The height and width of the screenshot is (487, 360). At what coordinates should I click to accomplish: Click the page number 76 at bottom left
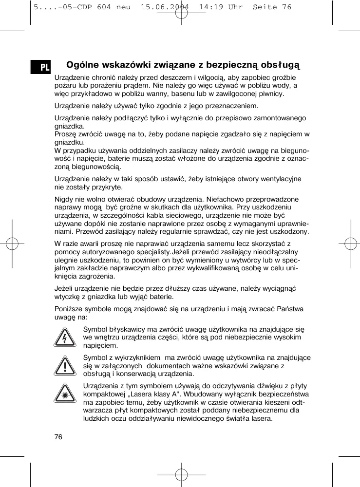58,436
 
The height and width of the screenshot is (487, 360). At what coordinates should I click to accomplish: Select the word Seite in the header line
265,7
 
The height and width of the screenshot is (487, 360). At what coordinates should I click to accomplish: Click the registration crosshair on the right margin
350,243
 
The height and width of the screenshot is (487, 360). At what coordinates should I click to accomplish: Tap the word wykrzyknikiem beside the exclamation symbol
133,358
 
